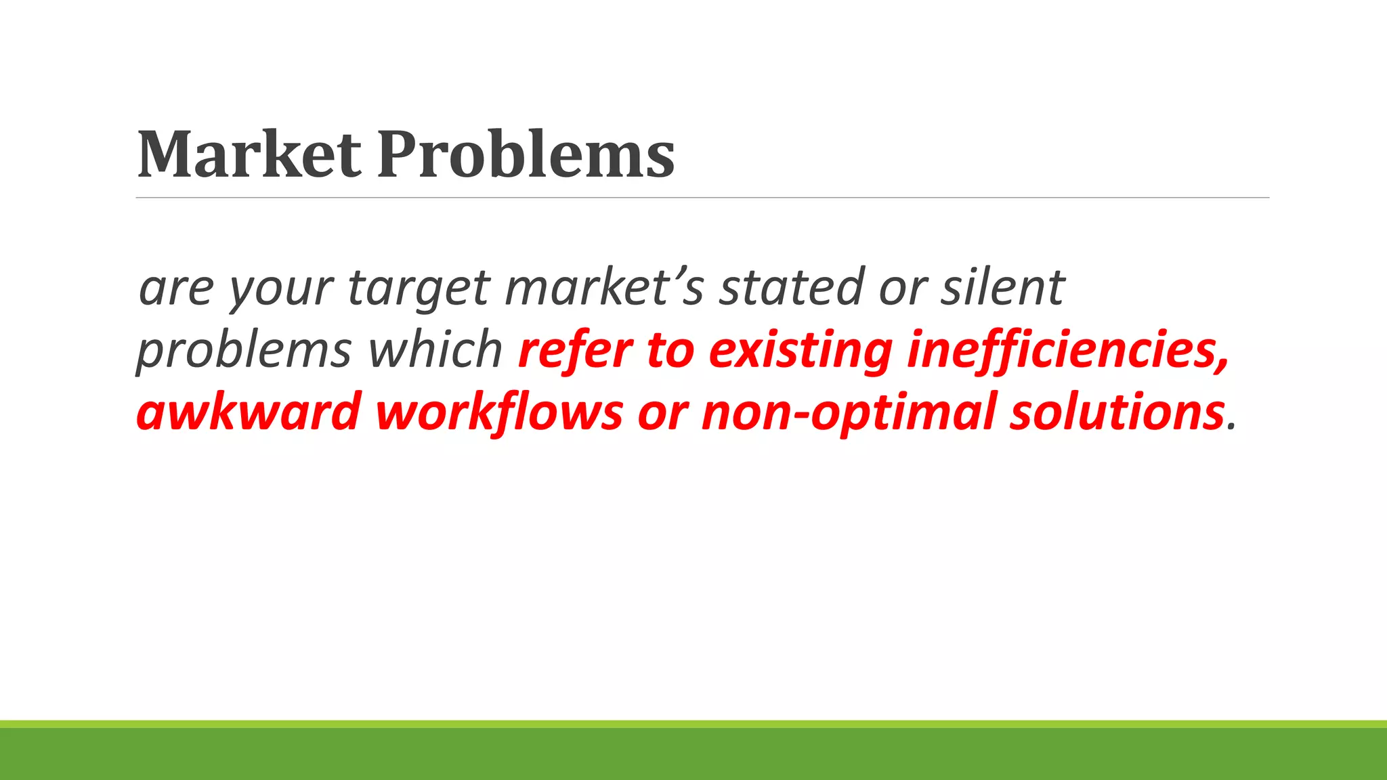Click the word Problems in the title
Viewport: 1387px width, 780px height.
pyautogui.click(x=526, y=156)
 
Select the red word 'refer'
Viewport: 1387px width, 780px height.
pyautogui.click(x=575, y=349)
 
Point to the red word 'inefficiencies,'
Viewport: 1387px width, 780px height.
pyautogui.click(x=1067, y=351)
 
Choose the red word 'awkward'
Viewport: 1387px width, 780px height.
pyautogui.click(x=248, y=412)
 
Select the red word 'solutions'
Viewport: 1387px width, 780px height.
pyautogui.click(x=1117, y=412)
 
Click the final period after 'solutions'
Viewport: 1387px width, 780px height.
pyautogui.click(x=1232, y=427)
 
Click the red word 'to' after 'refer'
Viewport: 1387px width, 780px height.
pyautogui.click(x=670, y=351)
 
